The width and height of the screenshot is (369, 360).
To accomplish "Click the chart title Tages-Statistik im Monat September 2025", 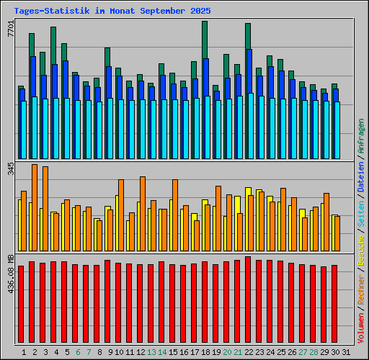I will click(x=112, y=12).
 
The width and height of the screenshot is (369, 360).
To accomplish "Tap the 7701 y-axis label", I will click(x=10, y=30).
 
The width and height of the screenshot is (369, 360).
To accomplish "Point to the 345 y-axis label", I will click(x=10, y=170).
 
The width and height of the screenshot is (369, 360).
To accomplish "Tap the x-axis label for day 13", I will click(x=151, y=352).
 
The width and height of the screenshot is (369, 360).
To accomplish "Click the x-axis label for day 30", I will click(x=334, y=352).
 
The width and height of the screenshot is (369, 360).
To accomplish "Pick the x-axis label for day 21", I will click(x=237, y=352).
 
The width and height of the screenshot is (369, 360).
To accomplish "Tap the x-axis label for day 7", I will click(x=86, y=352).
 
